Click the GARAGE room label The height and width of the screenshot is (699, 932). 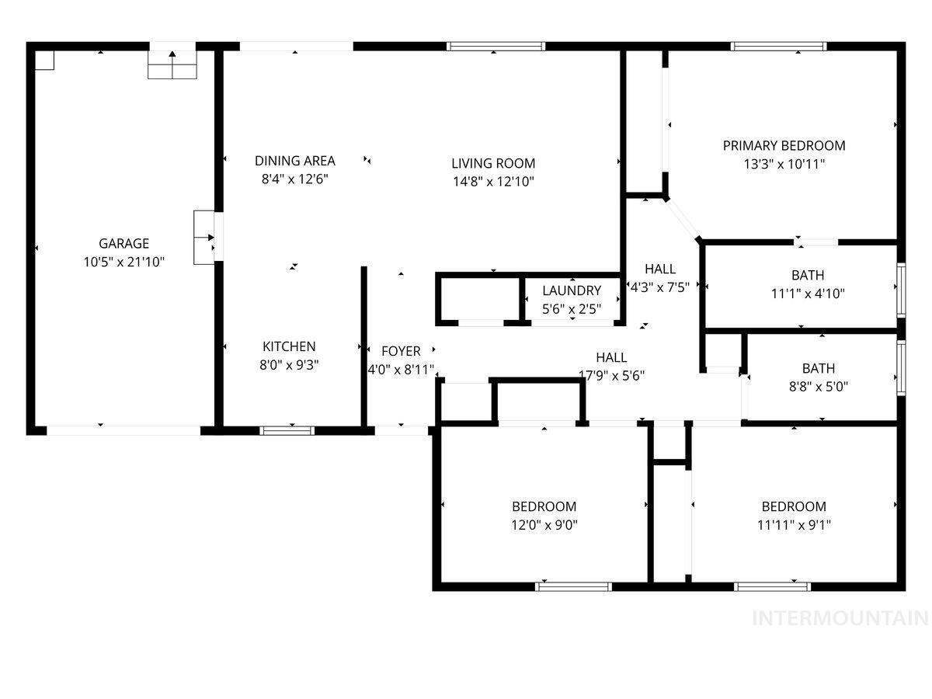123,243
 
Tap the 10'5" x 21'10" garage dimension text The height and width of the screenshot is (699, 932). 123,263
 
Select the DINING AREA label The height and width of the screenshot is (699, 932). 295,161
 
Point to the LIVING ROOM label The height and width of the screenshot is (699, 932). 493,163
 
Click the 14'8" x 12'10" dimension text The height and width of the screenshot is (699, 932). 493,182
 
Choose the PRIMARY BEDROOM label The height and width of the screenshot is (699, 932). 784,145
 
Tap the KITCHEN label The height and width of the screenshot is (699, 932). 289,346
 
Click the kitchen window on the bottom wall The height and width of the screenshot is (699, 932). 287,429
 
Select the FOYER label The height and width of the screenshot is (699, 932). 401,352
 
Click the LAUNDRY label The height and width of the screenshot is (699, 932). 572,290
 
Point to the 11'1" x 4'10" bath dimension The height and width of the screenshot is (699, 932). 808,294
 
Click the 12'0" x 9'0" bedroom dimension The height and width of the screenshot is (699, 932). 544,524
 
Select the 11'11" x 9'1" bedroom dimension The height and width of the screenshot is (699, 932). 794,524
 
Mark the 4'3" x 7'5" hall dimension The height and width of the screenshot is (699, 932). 659,287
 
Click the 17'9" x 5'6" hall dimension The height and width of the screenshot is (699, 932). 612,375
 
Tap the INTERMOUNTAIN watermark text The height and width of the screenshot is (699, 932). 840,618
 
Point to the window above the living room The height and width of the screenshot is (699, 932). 496,47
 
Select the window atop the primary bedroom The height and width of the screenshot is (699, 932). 779,47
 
